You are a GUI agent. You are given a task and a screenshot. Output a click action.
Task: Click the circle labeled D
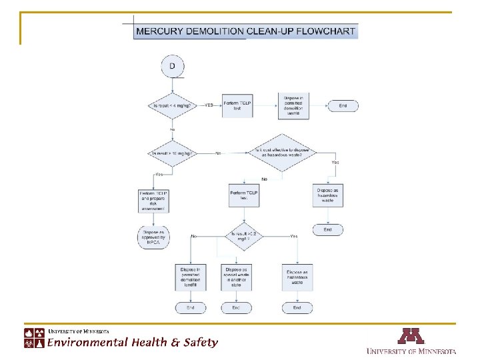[173, 66]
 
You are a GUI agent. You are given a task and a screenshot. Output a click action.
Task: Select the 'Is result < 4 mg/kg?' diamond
[173, 106]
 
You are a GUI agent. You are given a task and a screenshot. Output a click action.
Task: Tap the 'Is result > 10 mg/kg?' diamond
[173, 153]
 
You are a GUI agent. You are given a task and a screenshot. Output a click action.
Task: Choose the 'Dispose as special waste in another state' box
[236, 277]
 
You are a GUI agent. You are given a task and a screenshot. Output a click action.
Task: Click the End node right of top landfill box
[343, 106]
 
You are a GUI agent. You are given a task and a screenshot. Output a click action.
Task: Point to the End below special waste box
[236, 307]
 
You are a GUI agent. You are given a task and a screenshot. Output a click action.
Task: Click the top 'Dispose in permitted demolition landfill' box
[293, 106]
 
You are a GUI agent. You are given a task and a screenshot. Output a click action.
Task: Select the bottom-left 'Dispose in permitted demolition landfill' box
[191, 277]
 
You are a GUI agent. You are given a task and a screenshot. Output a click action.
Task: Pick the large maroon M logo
[411, 335]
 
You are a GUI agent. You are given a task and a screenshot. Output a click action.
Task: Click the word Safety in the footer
[200, 342]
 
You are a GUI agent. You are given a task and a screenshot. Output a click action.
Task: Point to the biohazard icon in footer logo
[30, 342]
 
